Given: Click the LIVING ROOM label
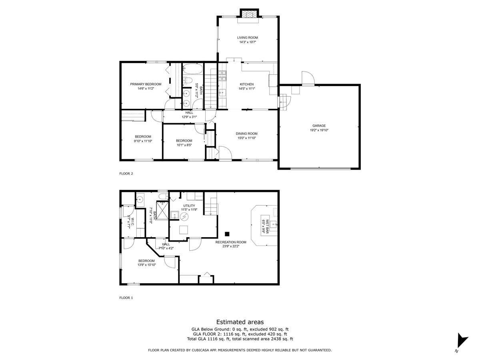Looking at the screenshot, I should coord(247,38).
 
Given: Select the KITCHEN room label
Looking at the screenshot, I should coord(246,84).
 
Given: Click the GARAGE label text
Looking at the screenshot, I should coord(319,126).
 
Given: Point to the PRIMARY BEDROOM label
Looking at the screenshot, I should coord(146,84).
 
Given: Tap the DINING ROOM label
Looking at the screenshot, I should coord(246,134).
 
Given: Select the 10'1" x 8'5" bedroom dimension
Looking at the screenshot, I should coord(184,145).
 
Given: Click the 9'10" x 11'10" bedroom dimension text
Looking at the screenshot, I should coord(143,141).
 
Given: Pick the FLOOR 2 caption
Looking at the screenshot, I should coord(126,174).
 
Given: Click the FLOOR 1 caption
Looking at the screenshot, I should coord(126,298).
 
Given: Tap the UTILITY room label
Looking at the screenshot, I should coord(189,205).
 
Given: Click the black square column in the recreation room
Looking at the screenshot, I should coord(227,234).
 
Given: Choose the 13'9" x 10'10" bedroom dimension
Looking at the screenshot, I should coord(146,265).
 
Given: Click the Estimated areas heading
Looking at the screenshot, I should coord(240,322).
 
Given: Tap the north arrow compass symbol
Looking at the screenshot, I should coord(462,342).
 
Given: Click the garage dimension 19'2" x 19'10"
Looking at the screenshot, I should coord(319,130).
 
